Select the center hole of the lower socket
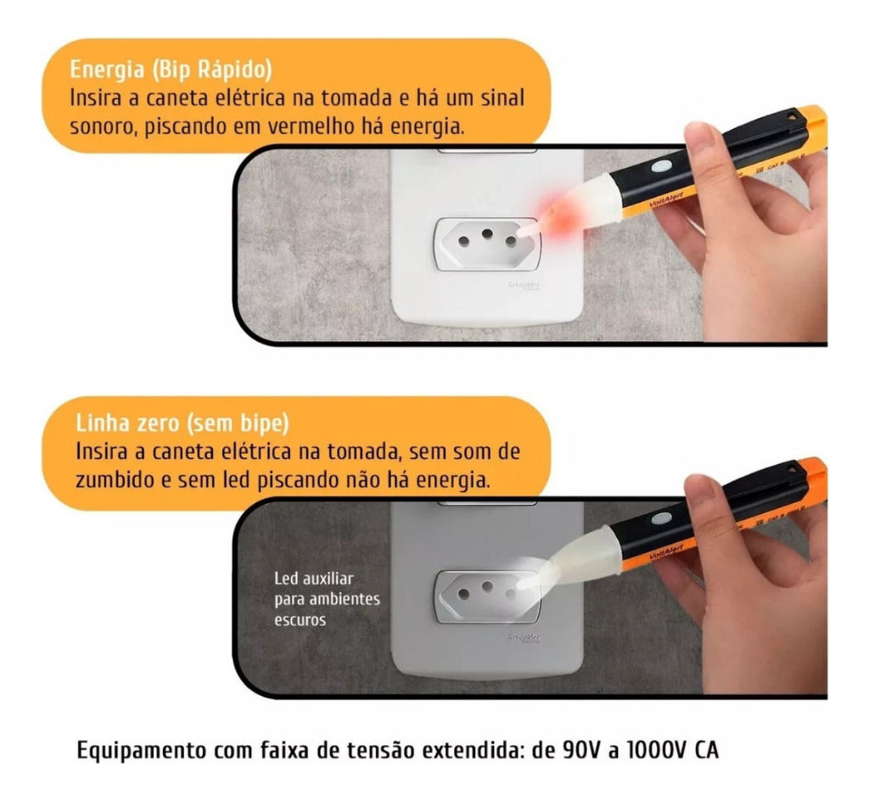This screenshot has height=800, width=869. click(x=486, y=585)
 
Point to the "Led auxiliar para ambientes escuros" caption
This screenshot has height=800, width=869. click(x=326, y=599)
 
